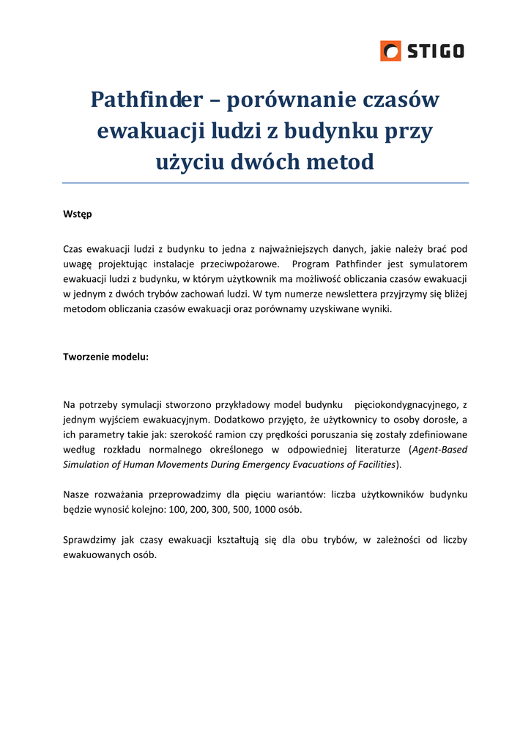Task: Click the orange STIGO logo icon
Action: pos(390,51)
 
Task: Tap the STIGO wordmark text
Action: pos(436,51)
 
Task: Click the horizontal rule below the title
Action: pos(265,183)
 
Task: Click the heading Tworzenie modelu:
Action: pos(106,357)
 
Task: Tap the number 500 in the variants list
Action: pos(241,509)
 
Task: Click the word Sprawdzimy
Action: pos(88,540)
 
